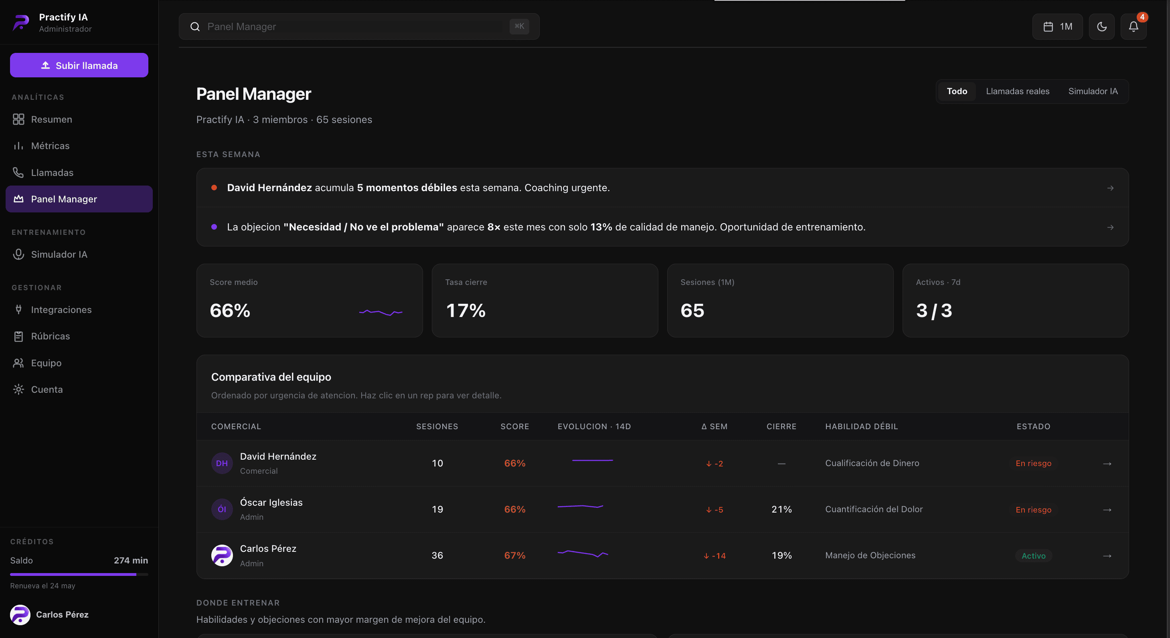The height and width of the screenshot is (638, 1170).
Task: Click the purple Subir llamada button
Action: [79, 65]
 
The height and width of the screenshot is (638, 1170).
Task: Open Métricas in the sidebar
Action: [50, 146]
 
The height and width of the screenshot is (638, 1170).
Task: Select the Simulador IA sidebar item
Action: [59, 254]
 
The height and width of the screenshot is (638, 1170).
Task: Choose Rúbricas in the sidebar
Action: [51, 336]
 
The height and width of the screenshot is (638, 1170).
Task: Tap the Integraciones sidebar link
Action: [61, 310]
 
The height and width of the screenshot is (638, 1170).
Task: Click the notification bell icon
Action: [1133, 27]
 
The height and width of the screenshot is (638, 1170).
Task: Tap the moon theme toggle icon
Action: [1101, 27]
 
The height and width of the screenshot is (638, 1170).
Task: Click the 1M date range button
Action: [1057, 27]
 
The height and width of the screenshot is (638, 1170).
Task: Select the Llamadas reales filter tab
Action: [1017, 91]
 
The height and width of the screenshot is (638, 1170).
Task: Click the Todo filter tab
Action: [957, 91]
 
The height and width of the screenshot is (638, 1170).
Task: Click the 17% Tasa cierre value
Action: [466, 311]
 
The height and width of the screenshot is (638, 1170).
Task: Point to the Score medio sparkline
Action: [381, 313]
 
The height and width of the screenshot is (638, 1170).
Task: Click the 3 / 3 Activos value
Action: [934, 311]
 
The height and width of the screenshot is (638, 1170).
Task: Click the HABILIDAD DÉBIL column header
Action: [861, 426]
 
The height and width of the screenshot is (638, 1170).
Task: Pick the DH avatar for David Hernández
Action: [222, 463]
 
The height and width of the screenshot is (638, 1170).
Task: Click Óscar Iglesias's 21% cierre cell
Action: [781, 509]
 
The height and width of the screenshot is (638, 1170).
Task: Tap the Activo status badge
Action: [1033, 556]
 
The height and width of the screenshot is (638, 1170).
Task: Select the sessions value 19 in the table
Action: [437, 509]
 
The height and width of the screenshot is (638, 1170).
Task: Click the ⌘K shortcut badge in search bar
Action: [519, 26]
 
